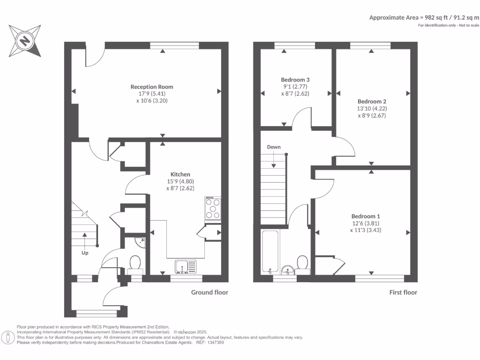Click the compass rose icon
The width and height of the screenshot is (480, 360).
[x=24, y=41]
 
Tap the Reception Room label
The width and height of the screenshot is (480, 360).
[x=151, y=87]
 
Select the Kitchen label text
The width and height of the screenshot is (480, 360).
[x=180, y=174]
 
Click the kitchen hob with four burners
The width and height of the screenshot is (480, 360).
[x=213, y=209]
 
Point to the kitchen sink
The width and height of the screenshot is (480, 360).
[x=186, y=266]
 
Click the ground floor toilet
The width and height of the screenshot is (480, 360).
[x=135, y=263]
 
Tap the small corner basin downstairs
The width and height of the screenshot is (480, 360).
[x=139, y=242]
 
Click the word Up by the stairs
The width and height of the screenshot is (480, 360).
[x=85, y=253]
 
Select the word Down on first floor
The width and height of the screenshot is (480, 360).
[x=274, y=147]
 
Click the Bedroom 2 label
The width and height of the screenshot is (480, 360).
[x=372, y=101]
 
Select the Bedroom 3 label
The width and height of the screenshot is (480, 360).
[x=295, y=80]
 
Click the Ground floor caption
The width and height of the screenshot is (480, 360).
[x=210, y=292]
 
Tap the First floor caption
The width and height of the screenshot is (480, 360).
[x=403, y=292]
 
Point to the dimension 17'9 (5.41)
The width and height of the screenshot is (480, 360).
[x=152, y=94]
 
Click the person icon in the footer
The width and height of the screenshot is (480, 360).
[x=8, y=337]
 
